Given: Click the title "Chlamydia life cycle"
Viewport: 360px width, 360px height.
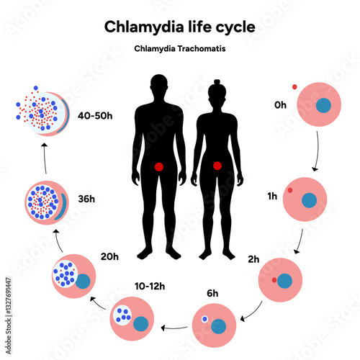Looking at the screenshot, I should pyautogui.click(x=179, y=27).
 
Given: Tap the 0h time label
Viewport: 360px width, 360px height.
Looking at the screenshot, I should pyautogui.click(x=280, y=105).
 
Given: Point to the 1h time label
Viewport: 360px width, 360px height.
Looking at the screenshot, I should pyautogui.click(x=269, y=197).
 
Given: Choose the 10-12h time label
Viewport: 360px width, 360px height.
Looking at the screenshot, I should pyautogui.click(x=150, y=286).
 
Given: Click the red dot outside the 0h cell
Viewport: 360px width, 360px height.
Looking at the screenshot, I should pyautogui.click(x=294, y=88).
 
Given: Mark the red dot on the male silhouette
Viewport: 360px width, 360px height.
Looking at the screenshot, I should pyautogui.click(x=159, y=167).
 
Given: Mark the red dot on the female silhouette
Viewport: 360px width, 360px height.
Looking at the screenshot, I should pyautogui.click(x=217, y=166).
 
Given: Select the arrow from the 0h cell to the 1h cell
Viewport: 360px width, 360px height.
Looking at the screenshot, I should pyautogui.click(x=315, y=153).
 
